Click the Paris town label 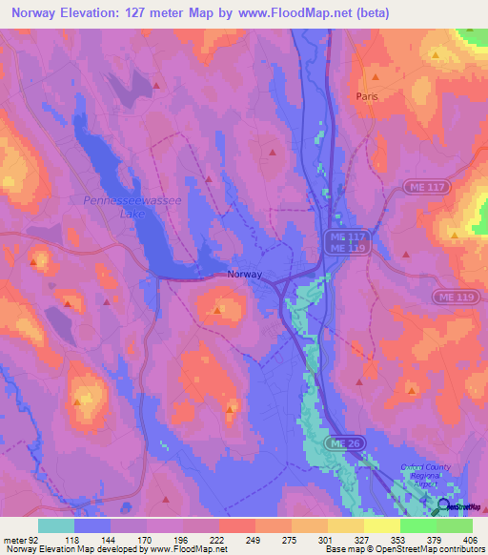pyautogui.click(x=367, y=96)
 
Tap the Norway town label pyautogui.click(x=245, y=274)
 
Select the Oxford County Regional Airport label pyautogui.click(x=431, y=473)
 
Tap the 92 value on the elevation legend pyautogui.click(x=25, y=539)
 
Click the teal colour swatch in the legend pyautogui.click(x=55, y=525)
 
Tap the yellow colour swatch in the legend pyautogui.click(x=382, y=525)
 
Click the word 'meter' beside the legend pyautogui.click(x=10, y=539)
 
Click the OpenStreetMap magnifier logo pyautogui.click(x=442, y=507)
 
